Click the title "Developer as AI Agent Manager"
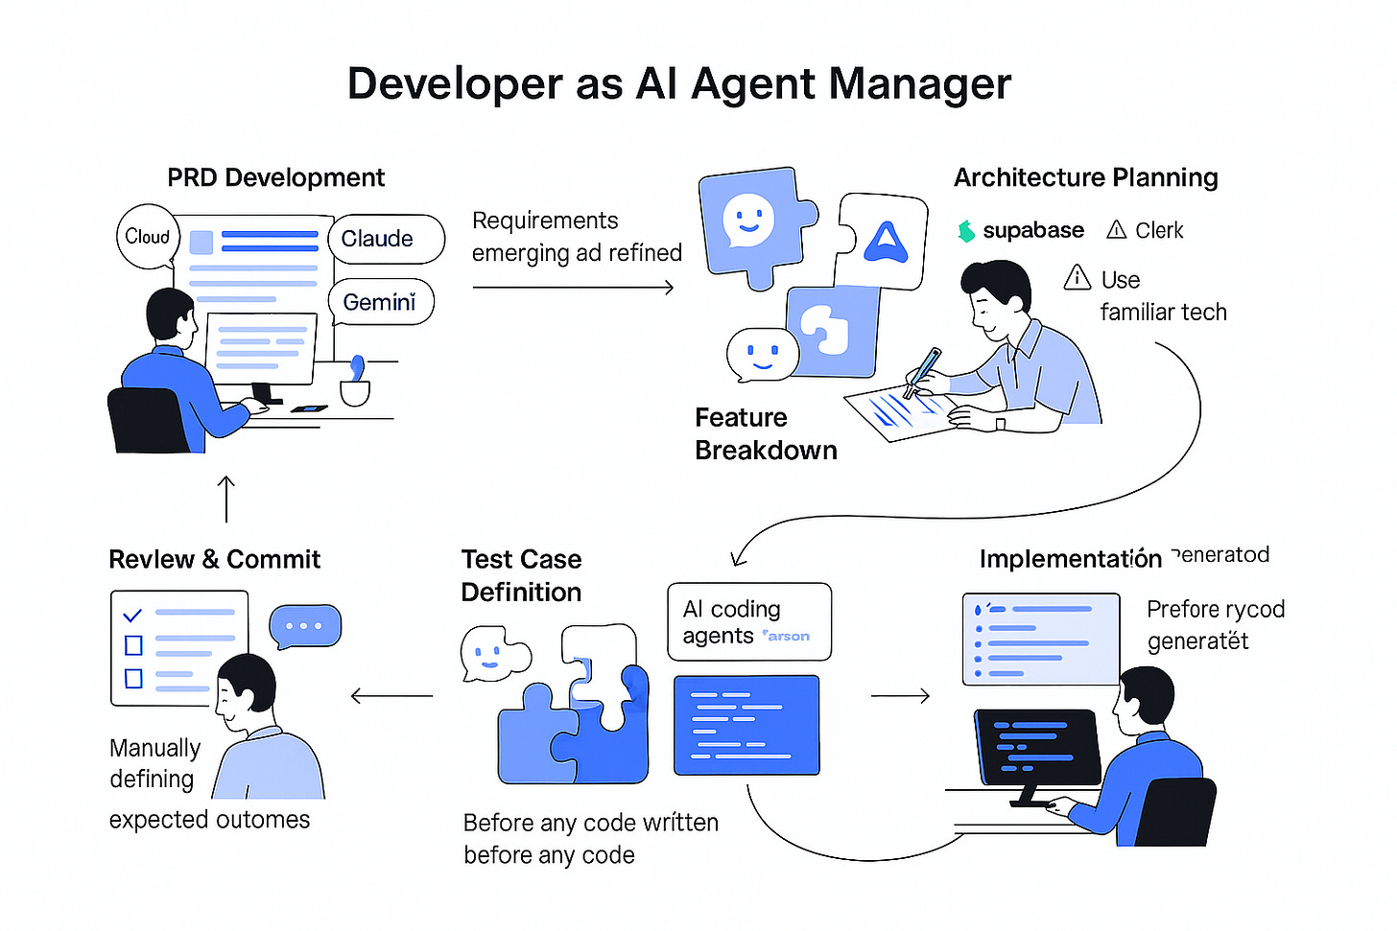(678, 83)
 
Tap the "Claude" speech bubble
(386, 239)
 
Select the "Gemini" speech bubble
(381, 302)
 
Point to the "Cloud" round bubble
(147, 236)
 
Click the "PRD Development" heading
(275, 177)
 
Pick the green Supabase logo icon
(966, 231)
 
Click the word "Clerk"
(1159, 231)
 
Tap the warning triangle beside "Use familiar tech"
(1077, 278)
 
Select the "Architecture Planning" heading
(1085, 177)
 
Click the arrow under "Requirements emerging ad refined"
(573, 287)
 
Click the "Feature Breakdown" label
(765, 433)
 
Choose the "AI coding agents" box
(748, 621)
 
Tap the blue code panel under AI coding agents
(746, 725)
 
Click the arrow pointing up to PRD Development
(226, 499)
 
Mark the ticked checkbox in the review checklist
(133, 615)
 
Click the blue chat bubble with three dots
(305, 626)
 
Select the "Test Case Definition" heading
(521, 575)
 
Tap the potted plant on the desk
(356, 383)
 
